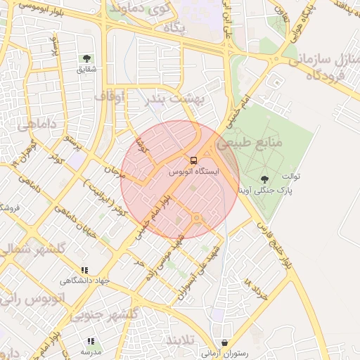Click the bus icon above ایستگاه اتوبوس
click(x=194, y=160)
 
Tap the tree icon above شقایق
click(x=86, y=58)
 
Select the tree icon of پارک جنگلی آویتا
click(x=264, y=180)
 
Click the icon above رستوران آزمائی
click(x=224, y=343)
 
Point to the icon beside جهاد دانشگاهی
click(x=84, y=269)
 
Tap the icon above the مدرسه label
click(x=90, y=340)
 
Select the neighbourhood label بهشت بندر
click(x=174, y=100)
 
